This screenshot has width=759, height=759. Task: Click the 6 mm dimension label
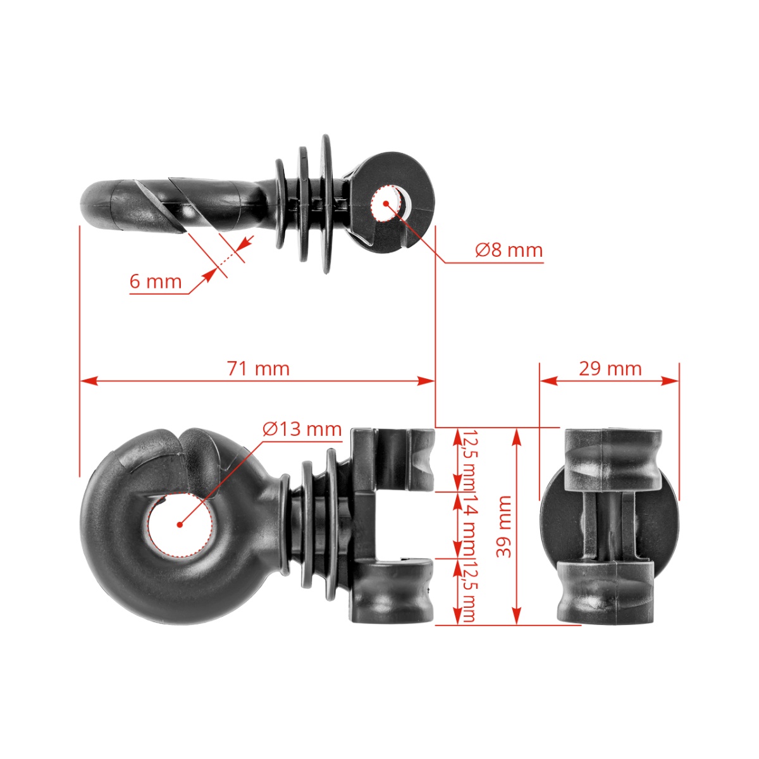pos(156,281)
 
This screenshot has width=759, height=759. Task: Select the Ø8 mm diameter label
pos(509,250)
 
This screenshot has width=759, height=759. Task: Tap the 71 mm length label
pos(258,368)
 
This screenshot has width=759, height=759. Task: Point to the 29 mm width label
pos(610,368)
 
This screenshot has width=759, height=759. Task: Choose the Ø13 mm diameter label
pos(302,429)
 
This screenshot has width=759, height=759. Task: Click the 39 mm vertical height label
pos(503,526)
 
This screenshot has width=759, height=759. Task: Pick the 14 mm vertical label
pos(469,525)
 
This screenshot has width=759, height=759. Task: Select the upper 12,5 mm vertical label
pos(469,460)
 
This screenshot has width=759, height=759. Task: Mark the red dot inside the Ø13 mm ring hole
pos(180,524)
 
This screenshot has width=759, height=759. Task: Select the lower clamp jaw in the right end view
pos(605,592)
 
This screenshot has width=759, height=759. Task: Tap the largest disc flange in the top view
pos(326,204)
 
